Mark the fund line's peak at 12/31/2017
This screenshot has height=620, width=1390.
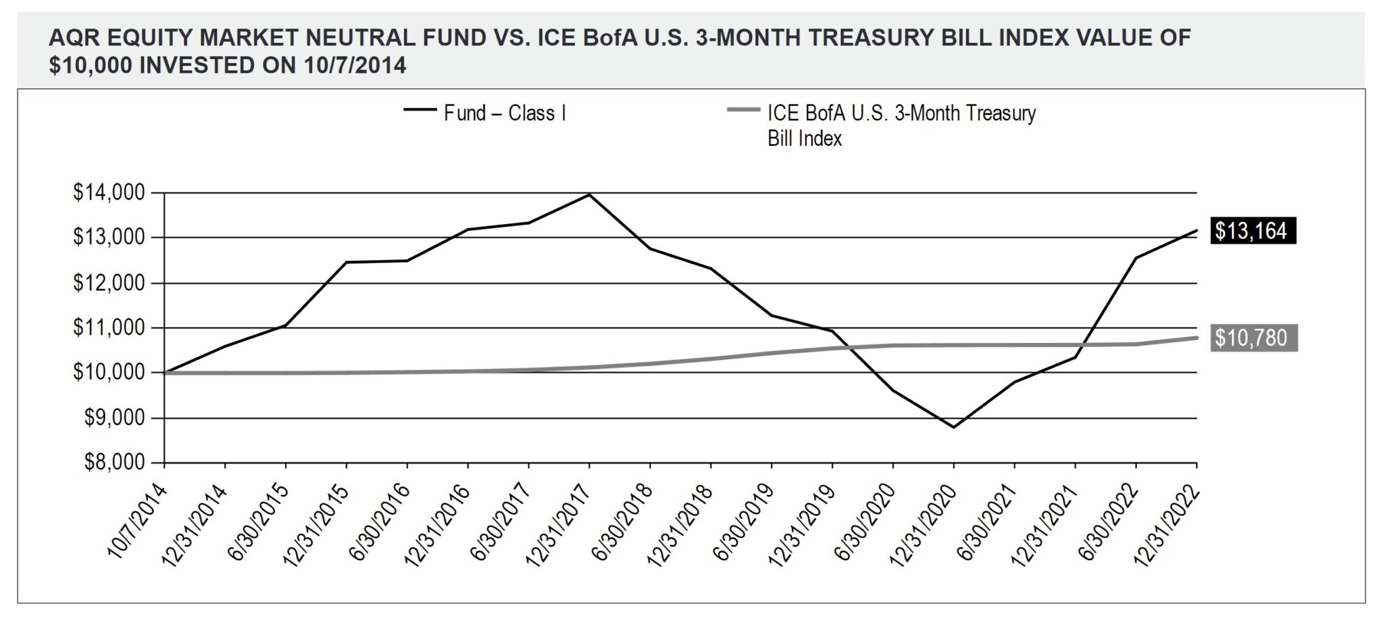point(589,195)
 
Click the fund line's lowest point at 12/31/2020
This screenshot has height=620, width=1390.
point(954,427)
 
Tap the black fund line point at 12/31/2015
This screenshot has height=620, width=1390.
point(346,262)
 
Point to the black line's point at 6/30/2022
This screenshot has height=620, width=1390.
point(1135,258)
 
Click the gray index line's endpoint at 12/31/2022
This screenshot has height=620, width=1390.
point(1196,338)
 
